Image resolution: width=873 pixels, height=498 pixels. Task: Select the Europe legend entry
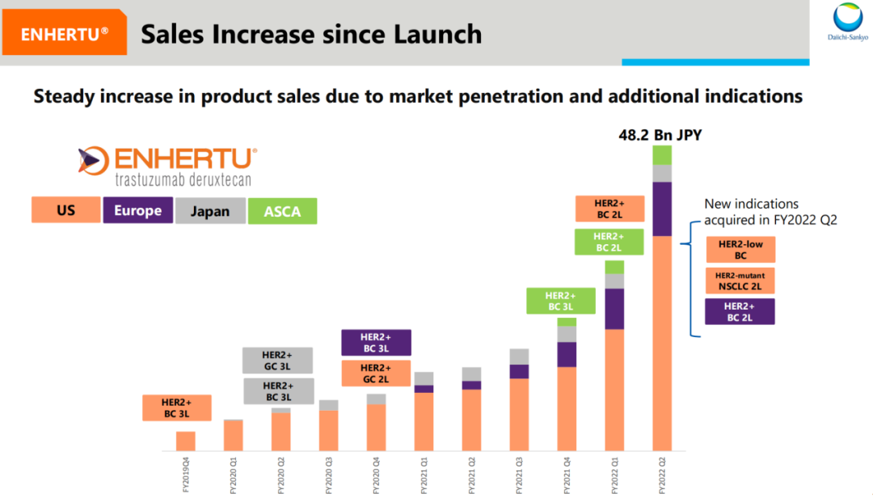point(137,211)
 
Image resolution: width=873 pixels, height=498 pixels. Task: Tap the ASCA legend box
point(282,212)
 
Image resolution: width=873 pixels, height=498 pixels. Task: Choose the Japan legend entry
point(209,212)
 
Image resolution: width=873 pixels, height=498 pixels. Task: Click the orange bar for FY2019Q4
point(186,441)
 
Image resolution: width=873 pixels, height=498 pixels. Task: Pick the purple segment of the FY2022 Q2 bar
point(662,209)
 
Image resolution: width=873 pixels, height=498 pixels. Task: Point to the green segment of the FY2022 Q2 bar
point(662,155)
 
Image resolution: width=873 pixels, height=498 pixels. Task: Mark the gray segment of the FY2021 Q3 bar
point(519,357)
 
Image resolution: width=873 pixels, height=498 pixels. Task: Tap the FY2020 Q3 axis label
point(329,475)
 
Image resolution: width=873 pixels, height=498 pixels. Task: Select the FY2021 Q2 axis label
point(472,475)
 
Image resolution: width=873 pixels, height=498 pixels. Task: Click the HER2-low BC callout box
point(740,249)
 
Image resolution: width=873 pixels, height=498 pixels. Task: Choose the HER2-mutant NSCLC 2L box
point(740,280)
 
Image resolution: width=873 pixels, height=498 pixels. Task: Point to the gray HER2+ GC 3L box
point(277,361)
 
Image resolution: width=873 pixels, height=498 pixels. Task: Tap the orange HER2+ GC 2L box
point(376,373)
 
